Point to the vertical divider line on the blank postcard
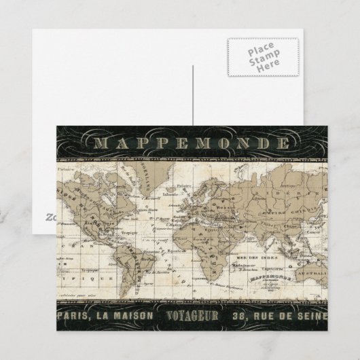(192, 95)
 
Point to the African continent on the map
(204, 234)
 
